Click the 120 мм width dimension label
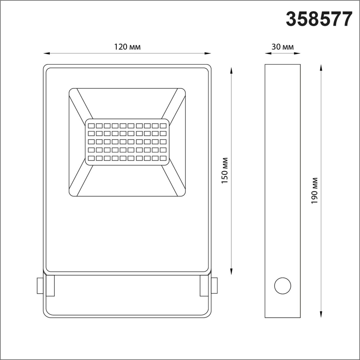(127, 47)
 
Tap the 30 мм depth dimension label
(282, 47)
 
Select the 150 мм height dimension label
(226, 170)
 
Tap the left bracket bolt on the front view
(40, 286)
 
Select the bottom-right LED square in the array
(163, 157)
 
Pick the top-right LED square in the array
(163, 125)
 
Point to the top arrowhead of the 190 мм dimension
(321, 67)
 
